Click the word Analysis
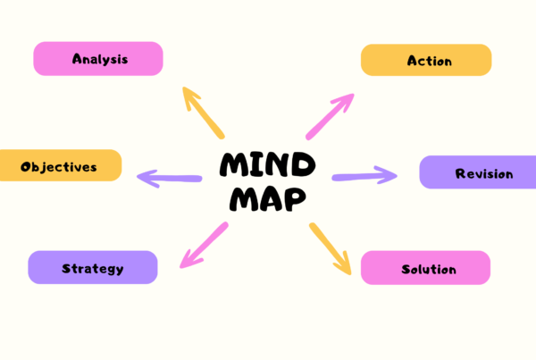[100, 60]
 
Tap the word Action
[429, 62]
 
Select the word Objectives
[58, 166]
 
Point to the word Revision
[484, 173]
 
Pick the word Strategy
[92, 268]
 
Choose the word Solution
[429, 269]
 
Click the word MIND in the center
[267, 164]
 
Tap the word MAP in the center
[267, 198]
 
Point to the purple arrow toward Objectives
[169, 178]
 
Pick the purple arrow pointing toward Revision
[364, 175]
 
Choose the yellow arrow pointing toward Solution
[331, 247]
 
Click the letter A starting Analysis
[78, 60]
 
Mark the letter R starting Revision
[460, 173]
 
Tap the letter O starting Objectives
[26, 166]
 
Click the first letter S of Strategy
[66, 268]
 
